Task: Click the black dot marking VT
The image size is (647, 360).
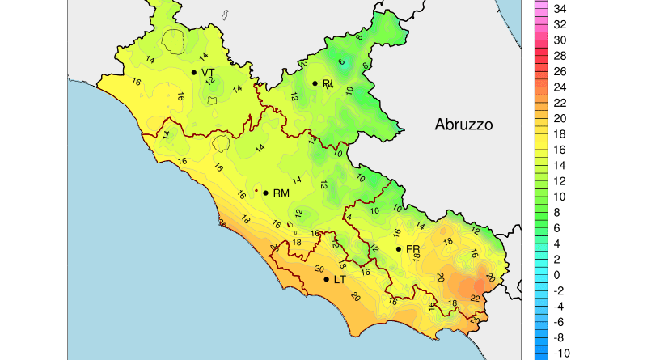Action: click(x=194, y=72)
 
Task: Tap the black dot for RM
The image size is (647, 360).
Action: click(x=265, y=193)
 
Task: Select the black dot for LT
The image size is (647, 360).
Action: click(x=327, y=279)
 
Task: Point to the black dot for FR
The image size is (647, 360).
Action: click(x=399, y=248)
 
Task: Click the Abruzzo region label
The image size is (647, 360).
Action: click(x=463, y=125)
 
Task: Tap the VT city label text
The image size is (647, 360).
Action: click(x=208, y=73)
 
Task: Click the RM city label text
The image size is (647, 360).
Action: click(x=281, y=193)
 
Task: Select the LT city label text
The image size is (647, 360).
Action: click(x=340, y=280)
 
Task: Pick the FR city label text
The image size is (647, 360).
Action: click(x=412, y=249)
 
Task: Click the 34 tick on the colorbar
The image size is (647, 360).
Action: click(x=559, y=9)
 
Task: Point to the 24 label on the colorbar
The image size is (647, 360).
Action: click(x=559, y=87)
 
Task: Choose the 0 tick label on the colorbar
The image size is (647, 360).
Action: click(x=556, y=275)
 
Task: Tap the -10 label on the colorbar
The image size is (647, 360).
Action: click(x=559, y=354)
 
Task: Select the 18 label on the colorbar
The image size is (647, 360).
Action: click(x=559, y=134)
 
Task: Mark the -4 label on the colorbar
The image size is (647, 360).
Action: click(x=557, y=307)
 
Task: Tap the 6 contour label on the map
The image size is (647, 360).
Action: click(x=341, y=62)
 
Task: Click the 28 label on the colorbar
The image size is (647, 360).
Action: click(x=559, y=56)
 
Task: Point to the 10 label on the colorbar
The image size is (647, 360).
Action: click(x=559, y=197)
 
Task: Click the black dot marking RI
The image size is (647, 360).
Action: click(x=315, y=83)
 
